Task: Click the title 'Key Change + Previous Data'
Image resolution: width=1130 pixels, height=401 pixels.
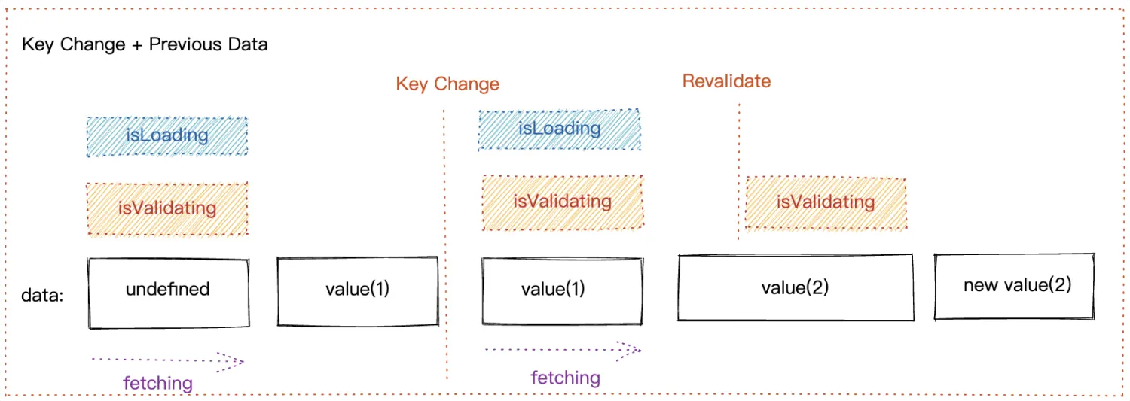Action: point(145,44)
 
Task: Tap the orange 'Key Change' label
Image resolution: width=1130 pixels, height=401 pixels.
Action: point(447,84)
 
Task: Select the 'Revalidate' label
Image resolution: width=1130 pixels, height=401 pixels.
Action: point(726,81)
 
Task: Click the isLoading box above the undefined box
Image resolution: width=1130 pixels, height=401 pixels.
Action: point(167,136)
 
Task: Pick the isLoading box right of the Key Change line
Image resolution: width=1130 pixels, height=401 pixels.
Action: point(560,129)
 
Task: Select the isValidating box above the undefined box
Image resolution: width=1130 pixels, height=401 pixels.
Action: point(167,208)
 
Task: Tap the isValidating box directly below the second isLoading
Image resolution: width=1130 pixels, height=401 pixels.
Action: point(562,202)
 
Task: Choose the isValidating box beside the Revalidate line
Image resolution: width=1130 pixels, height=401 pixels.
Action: point(826,202)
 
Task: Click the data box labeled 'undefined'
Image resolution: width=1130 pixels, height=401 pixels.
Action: point(168,293)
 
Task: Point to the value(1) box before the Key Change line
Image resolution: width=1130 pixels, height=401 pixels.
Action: point(358,291)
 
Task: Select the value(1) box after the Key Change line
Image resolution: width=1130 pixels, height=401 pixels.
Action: point(562,290)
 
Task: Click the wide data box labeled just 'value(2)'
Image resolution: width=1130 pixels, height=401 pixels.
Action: point(796,288)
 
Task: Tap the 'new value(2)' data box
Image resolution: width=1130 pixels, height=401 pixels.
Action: point(1015,286)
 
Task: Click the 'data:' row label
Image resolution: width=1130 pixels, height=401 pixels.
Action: point(42,296)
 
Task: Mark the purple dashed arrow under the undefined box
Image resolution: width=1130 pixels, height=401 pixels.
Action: point(167,361)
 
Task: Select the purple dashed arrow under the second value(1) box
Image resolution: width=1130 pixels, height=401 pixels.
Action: point(562,349)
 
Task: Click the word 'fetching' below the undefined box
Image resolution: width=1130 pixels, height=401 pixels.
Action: point(158,383)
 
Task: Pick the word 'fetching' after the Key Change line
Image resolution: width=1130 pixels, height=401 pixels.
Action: point(566,378)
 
